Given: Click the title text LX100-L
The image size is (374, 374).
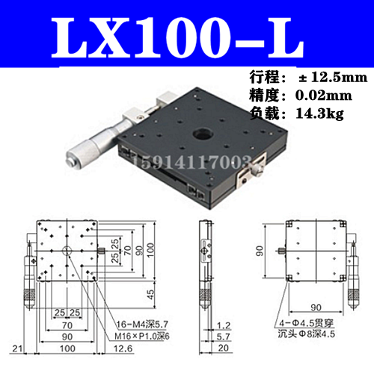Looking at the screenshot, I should point(187,36).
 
